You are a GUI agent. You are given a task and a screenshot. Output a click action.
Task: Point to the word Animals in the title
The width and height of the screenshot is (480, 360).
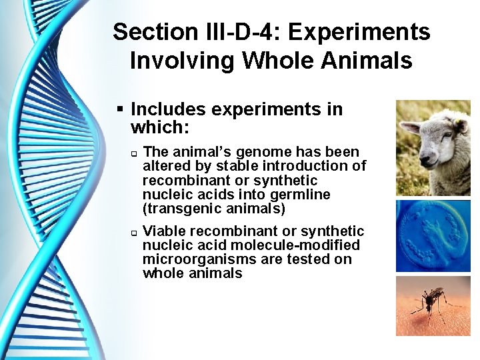[x=373, y=61]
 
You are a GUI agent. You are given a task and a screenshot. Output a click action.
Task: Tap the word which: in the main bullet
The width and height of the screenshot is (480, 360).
[x=157, y=126]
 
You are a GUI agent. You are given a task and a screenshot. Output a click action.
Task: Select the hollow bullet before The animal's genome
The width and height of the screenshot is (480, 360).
[x=133, y=153]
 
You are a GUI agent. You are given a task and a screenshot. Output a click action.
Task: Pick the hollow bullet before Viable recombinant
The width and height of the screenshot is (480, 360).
[x=133, y=233]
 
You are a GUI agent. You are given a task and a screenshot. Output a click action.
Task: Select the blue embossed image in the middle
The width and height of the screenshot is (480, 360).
[x=433, y=236]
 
